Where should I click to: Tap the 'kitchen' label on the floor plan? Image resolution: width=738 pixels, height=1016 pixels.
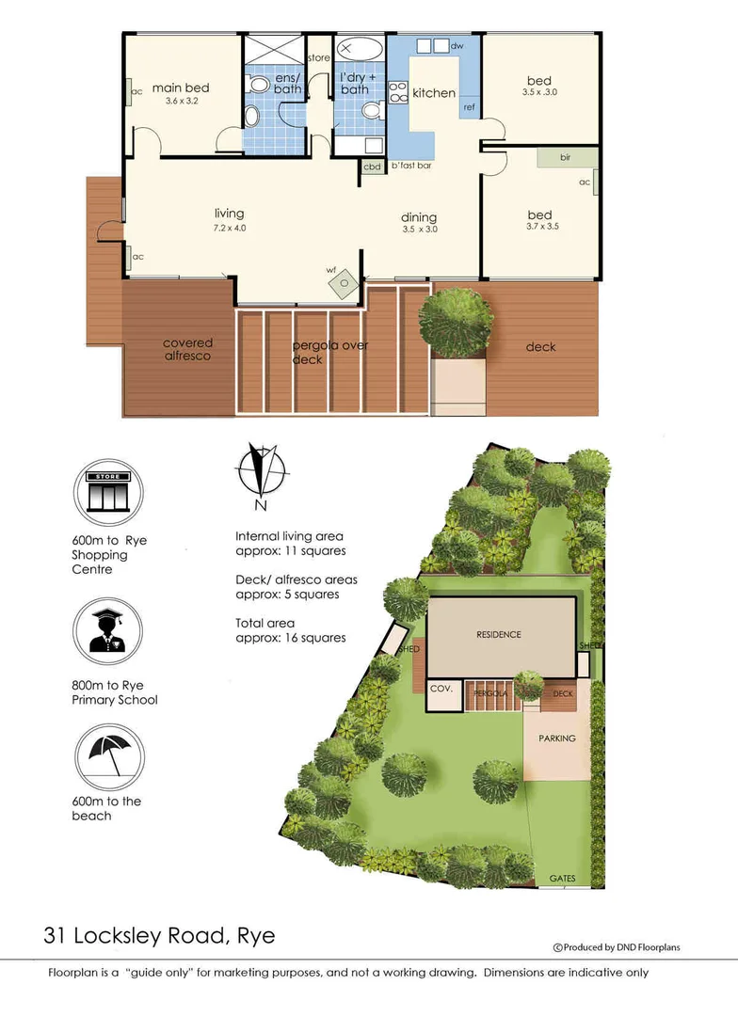pyautogui.click(x=434, y=93)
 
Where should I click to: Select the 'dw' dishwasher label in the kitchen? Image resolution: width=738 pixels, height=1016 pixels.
pyautogui.click(x=457, y=45)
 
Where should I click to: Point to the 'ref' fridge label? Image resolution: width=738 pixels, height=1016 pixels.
pyautogui.click(x=468, y=108)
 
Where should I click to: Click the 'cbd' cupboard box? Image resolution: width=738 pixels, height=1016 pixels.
pyautogui.click(x=373, y=167)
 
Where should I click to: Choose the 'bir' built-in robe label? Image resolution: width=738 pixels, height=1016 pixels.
pyautogui.click(x=566, y=157)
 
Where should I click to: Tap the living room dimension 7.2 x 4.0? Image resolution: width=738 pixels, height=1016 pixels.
pyautogui.click(x=229, y=228)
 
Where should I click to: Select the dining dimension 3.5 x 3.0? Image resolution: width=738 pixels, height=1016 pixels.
pyautogui.click(x=419, y=229)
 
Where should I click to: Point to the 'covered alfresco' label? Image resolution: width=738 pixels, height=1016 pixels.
pyautogui.click(x=187, y=350)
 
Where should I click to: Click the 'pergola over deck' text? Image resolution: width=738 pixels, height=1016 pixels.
pyautogui.click(x=329, y=352)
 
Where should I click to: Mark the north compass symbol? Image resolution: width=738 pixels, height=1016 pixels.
pyautogui.click(x=261, y=474)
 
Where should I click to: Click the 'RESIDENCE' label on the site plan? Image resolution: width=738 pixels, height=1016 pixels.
pyautogui.click(x=498, y=635)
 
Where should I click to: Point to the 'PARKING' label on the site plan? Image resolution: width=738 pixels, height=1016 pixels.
pyautogui.click(x=556, y=738)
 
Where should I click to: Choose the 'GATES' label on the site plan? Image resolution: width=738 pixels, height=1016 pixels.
pyautogui.click(x=563, y=879)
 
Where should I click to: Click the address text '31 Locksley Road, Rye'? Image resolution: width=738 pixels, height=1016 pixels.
pyautogui.click(x=159, y=936)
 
